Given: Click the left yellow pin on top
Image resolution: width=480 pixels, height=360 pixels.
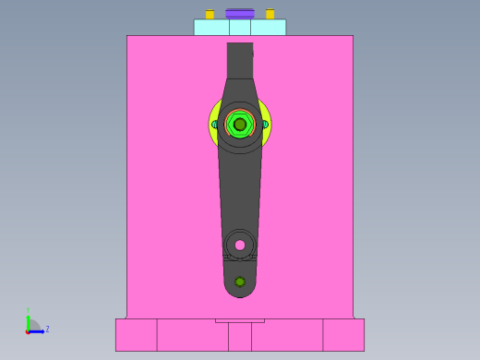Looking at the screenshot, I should (x=210, y=14).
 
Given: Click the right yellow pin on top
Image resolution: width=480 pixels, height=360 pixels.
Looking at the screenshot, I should (x=270, y=14).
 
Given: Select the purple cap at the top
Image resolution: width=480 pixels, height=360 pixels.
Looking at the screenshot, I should (x=239, y=13).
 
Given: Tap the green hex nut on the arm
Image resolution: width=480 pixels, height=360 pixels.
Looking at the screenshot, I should (x=240, y=124).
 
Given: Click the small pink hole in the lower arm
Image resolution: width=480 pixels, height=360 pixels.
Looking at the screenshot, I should (x=240, y=245).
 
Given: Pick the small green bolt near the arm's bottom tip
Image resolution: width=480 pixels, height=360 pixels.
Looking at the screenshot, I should (x=240, y=282).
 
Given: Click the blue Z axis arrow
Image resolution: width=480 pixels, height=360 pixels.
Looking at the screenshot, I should (x=38, y=330).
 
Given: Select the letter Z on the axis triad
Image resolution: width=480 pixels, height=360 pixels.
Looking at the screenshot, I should (x=47, y=329).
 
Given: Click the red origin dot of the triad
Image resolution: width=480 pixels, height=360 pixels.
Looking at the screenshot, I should (x=29, y=330).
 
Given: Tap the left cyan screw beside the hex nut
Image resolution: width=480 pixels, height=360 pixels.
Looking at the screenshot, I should (x=215, y=124).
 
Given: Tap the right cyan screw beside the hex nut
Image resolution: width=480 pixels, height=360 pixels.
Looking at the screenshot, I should (x=265, y=124).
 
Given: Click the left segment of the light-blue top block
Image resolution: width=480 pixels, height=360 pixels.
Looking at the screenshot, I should (x=211, y=28).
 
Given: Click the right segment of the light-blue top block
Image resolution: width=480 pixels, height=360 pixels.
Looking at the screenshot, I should (x=268, y=28).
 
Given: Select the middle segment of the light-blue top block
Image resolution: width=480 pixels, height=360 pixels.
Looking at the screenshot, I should (x=240, y=28).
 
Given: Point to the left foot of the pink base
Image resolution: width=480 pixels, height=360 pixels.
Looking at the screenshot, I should (x=136, y=334).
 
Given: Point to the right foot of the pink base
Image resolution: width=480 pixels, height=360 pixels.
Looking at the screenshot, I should (x=343, y=334).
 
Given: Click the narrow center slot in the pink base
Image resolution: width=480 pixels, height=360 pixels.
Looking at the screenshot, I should (x=240, y=337).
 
